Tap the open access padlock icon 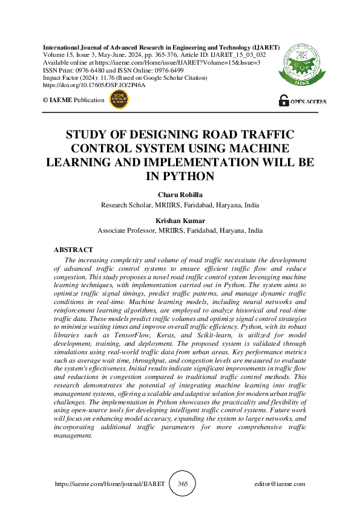[x=283, y=101]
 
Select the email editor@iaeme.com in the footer [x=280, y=484]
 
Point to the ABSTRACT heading [x=73, y=250]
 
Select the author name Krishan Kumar [x=180, y=221]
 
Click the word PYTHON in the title [x=180, y=177]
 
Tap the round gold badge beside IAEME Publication [x=118, y=100]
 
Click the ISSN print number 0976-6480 [x=88, y=70]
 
